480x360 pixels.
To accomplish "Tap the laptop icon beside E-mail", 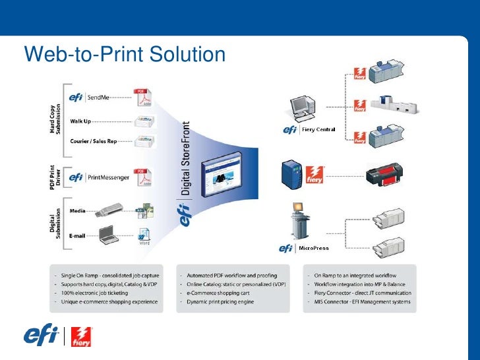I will [x=109, y=235].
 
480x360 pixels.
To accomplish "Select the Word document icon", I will [x=143, y=235].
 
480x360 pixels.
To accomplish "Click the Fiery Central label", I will [x=318, y=130].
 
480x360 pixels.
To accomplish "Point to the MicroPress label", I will [x=315, y=248].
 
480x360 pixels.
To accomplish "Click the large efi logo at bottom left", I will [x=40, y=336].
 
